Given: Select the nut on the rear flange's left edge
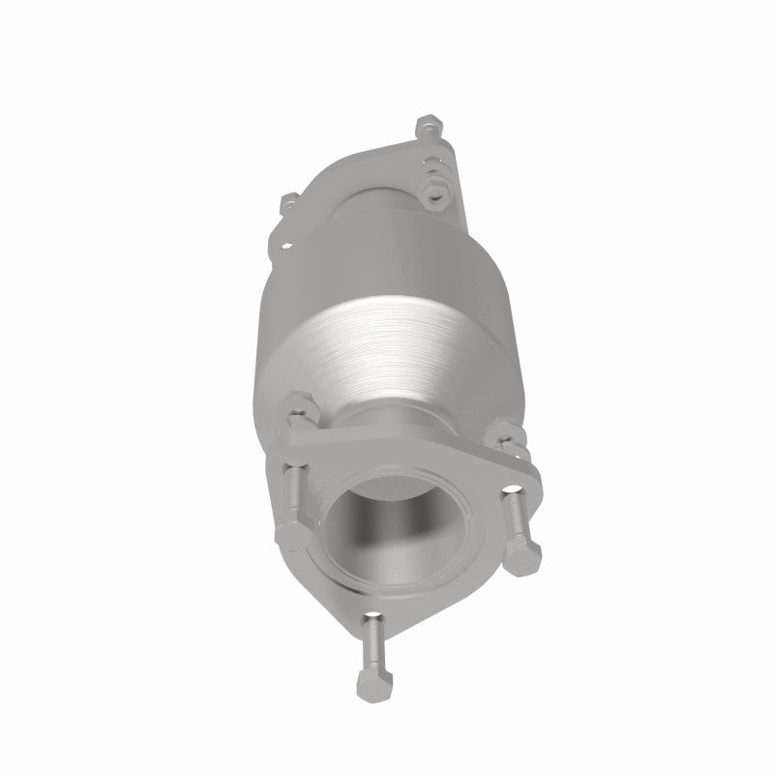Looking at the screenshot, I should [286, 204].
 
